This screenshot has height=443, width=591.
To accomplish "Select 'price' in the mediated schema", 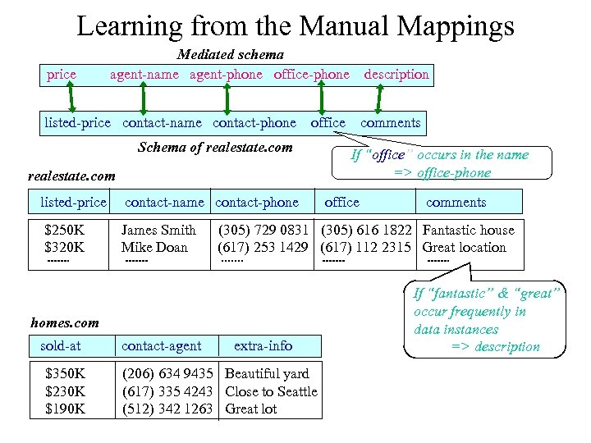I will [62, 75].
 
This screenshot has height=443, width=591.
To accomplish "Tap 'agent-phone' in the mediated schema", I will [227, 75].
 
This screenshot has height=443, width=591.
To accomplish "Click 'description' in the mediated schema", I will [396, 75].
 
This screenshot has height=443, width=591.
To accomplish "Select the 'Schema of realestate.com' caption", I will [215, 148].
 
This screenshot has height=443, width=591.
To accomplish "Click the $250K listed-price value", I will [65, 230].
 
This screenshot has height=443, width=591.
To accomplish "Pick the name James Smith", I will [158, 230].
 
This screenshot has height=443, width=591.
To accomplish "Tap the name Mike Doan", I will [154, 247].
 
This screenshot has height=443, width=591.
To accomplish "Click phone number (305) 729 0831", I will [263, 230].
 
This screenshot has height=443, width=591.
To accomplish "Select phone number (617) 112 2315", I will [365, 247].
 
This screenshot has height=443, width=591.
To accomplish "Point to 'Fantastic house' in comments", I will [468, 230].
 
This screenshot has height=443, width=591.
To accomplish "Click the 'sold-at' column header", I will [61, 345].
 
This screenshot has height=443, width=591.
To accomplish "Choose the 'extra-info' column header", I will [263, 345].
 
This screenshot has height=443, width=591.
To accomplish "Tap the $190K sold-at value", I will [65, 409].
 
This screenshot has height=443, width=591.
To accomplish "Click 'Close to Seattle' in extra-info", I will [271, 391].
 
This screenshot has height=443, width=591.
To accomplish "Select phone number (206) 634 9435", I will [167, 374].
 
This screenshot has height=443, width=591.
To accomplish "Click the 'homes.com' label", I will [64, 322].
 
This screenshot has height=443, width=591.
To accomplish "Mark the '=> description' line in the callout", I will [496, 346].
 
